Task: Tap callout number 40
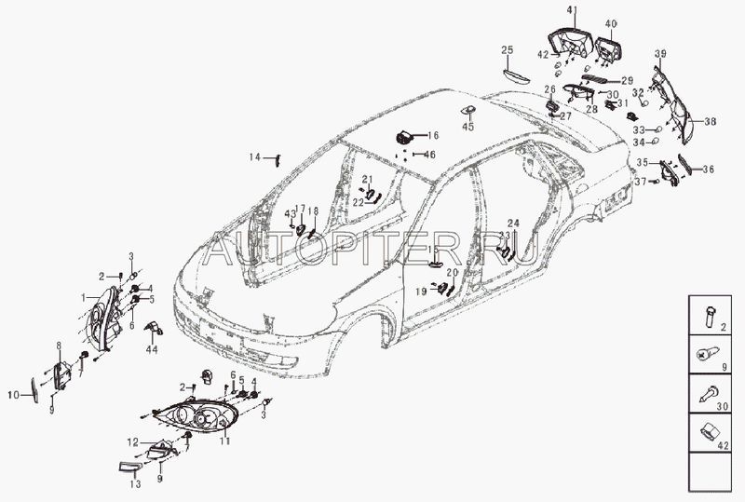pos(611,22)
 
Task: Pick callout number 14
pos(254,157)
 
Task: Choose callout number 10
pos(14,396)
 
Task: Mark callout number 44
pos(152,350)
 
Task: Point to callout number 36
pos(708,170)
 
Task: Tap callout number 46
pos(429,154)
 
